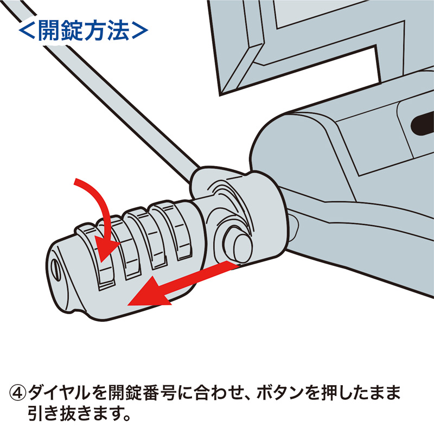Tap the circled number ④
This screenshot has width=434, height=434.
click(x=18, y=392)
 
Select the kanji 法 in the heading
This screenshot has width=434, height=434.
click(x=119, y=31)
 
